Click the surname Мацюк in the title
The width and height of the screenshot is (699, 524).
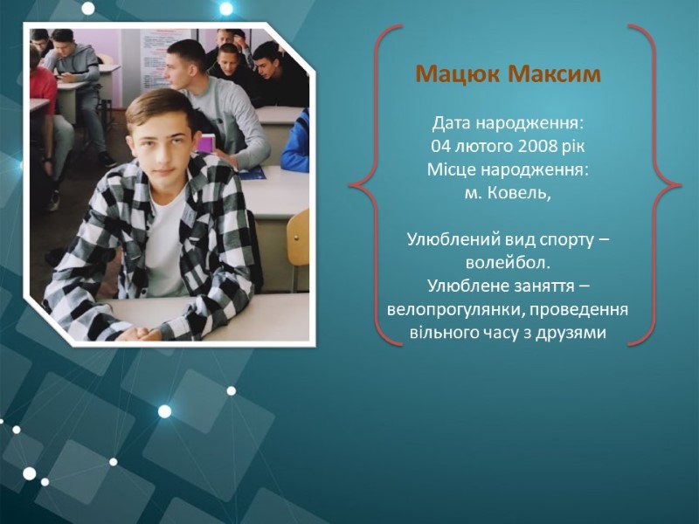click(457, 73)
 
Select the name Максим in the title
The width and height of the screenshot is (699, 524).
click(555, 73)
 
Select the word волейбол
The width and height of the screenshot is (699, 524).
click(509, 263)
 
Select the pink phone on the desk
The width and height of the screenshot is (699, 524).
click(207, 143)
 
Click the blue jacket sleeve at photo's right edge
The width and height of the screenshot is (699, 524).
click(295, 142)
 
